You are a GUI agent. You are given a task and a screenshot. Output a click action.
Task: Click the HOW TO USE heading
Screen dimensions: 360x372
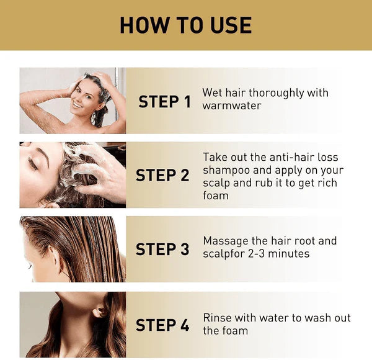[x=186, y=25]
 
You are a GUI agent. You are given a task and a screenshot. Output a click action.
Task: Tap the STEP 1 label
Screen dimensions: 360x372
[x=164, y=102]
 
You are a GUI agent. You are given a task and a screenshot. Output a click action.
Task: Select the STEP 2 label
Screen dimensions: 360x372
[x=162, y=176]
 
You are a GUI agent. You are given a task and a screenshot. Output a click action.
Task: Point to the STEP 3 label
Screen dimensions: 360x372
[x=162, y=250]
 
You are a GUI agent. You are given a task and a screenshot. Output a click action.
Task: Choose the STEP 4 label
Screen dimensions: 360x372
[x=162, y=325]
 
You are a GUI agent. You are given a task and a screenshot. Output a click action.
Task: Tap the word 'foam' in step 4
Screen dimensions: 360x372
[x=235, y=331]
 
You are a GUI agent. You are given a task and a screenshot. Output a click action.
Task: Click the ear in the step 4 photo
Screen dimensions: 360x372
[x=99, y=310]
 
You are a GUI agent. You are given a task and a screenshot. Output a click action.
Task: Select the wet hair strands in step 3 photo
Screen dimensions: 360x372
[x=87, y=248]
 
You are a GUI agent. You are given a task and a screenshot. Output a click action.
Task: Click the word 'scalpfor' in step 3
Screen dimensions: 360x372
[x=223, y=254]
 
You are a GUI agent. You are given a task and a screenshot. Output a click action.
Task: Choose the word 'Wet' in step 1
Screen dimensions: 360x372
[x=213, y=93]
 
